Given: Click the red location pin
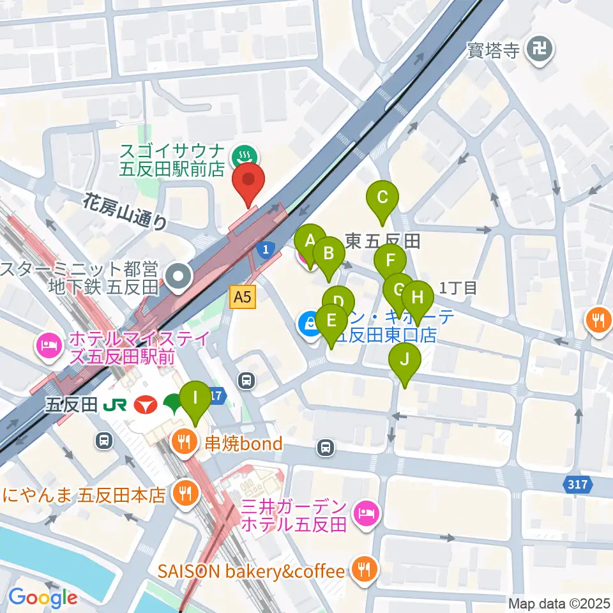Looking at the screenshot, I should click(248, 181).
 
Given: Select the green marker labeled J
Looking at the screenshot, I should click(405, 361).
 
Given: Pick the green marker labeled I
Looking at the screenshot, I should click(195, 399).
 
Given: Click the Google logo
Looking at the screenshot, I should click(43, 598).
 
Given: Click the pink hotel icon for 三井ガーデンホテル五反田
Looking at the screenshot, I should click(367, 510).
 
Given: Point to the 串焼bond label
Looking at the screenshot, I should click(243, 443).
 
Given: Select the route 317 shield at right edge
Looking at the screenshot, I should click(577, 485).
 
